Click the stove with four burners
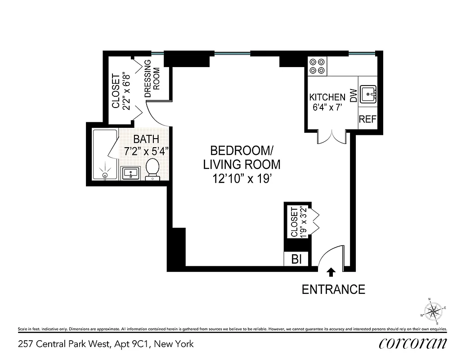tap(317, 66)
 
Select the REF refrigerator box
tap(367, 120)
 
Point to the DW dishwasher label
tap(353, 95)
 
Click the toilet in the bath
tap(153, 169)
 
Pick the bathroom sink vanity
tap(131, 172)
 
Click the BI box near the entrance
tap(296, 259)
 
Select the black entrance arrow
tap(331, 272)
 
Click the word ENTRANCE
tap(333, 289)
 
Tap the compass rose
tap(434, 311)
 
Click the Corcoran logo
tap(412, 344)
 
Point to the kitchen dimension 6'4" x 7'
tap(327, 107)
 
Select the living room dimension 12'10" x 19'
tap(242, 179)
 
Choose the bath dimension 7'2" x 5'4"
tap(146, 151)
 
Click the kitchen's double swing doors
tap(332, 137)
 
